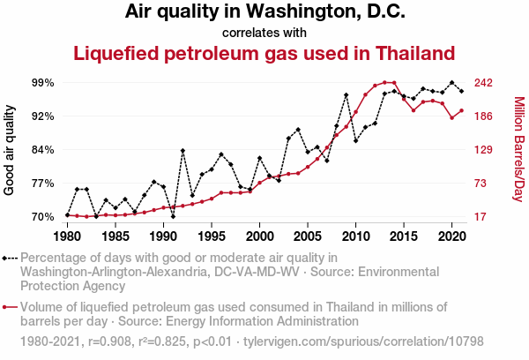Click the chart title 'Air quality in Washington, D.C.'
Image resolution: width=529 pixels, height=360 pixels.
[264, 12]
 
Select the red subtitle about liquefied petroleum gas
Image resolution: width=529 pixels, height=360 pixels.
[264, 54]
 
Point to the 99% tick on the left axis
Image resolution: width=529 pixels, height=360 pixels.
[43, 83]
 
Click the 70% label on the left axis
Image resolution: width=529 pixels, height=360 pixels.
[43, 217]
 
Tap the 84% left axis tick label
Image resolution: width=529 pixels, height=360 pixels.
[43, 150]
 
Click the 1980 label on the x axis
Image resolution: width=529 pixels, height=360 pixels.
[67, 236]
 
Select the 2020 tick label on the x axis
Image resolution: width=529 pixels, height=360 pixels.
[451, 236]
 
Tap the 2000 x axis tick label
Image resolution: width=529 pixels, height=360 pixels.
[259, 236]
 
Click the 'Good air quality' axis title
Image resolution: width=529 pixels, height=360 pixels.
[10, 150]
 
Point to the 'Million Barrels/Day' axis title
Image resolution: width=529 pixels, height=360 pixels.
[518, 150]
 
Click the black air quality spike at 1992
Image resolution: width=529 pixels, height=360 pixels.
[183, 151]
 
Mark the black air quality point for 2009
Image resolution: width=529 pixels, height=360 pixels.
[346, 95]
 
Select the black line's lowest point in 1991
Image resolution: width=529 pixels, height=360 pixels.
[173, 216]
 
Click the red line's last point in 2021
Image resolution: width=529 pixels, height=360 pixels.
[461, 111]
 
